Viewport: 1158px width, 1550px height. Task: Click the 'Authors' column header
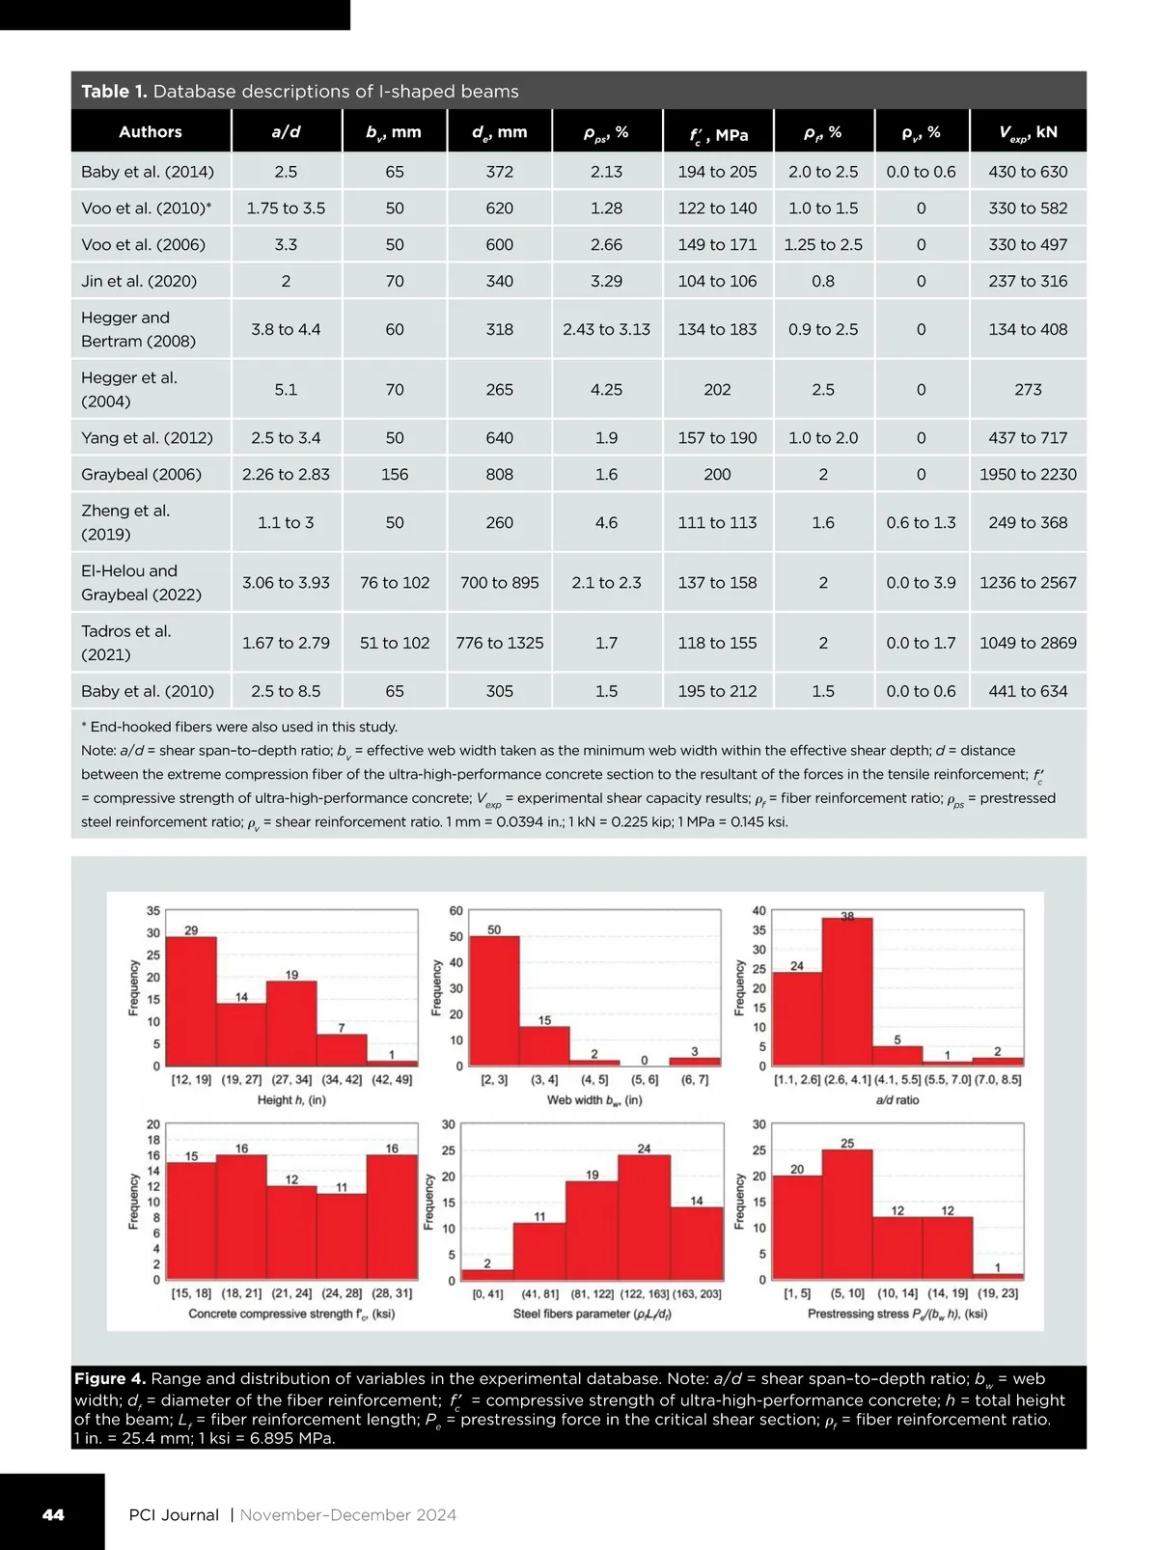point(151,132)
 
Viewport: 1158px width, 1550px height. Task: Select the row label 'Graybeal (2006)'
point(142,474)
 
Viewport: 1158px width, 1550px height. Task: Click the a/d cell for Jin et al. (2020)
point(286,281)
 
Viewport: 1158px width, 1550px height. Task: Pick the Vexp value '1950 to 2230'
point(1028,474)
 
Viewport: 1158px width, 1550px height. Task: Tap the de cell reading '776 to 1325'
point(500,643)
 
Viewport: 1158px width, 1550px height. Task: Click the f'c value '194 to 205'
point(717,172)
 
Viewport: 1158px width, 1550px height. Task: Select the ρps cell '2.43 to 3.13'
point(606,329)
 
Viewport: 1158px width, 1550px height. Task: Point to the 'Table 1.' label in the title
point(114,92)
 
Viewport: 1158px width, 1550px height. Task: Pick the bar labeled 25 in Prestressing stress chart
point(847,1216)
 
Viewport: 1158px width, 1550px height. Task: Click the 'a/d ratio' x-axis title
point(897,1100)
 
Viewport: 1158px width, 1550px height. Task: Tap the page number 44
point(53,1514)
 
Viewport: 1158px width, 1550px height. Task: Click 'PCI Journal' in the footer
point(174,1515)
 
